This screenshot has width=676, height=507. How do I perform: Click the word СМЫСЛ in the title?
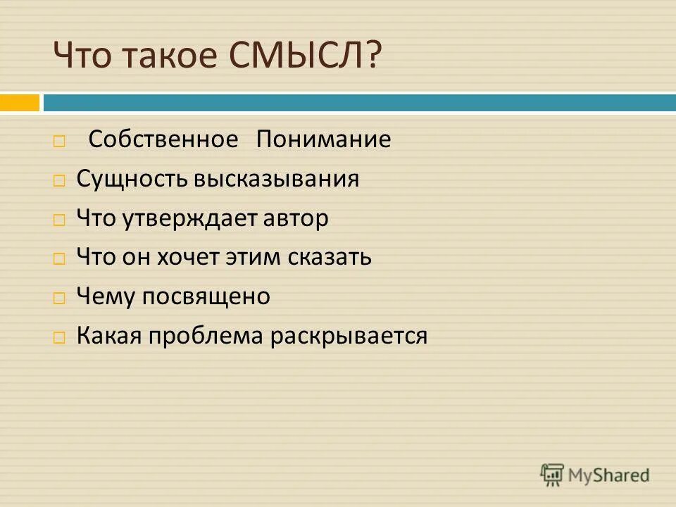click(x=296, y=56)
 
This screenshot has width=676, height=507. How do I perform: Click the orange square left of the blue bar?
click(x=20, y=103)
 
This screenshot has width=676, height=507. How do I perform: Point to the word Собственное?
click(x=163, y=139)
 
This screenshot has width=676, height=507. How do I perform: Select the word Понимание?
click(x=323, y=139)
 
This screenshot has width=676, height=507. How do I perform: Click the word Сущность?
click(x=131, y=179)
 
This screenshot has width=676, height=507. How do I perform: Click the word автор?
click(x=297, y=219)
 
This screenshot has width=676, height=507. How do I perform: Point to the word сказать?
click(x=330, y=258)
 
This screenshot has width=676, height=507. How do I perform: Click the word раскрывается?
click(x=349, y=337)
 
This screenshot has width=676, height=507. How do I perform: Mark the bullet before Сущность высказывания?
click(x=58, y=180)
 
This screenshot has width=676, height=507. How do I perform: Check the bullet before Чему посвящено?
click(x=58, y=299)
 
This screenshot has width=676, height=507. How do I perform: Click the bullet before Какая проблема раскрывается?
click(x=58, y=338)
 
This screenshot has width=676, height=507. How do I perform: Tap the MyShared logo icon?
click(x=552, y=475)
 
